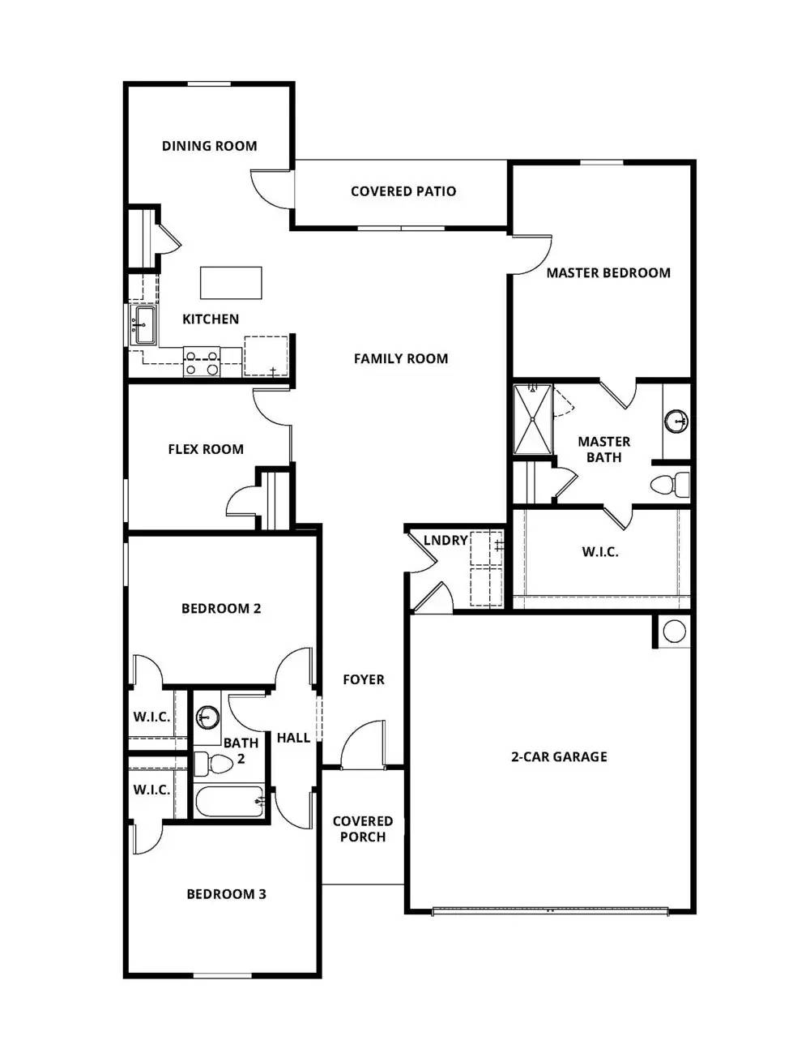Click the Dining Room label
(209, 146)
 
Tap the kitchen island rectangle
(231, 283)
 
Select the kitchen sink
(145, 324)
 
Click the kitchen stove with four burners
(202, 362)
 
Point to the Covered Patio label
(403, 191)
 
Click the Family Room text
(400, 358)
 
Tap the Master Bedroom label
(607, 273)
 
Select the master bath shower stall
(533, 419)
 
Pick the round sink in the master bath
(676, 421)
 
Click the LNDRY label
(446, 540)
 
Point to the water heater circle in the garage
(674, 631)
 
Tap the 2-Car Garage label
(559, 756)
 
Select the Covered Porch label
(362, 828)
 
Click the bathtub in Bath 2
(229, 802)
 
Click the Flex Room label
(206, 449)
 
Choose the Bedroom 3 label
(226, 894)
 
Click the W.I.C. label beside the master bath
(599, 552)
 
